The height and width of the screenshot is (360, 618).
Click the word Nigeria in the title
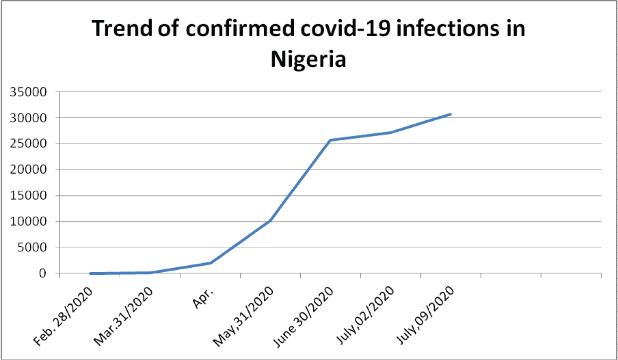point(308,59)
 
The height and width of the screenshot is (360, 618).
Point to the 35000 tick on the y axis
point(28,92)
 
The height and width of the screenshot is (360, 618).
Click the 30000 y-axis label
point(28,118)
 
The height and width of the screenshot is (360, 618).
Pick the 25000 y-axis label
point(28,144)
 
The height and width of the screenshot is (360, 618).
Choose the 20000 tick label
point(28,169)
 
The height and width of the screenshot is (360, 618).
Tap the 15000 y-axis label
point(28,195)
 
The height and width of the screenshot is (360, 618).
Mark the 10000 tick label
point(28,221)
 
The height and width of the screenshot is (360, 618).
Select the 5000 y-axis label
point(31,247)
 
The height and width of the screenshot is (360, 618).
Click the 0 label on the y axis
point(42,273)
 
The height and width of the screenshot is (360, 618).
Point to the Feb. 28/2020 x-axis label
point(63,316)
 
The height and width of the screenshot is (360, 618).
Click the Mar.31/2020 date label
point(123,316)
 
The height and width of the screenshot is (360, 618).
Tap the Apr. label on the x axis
point(203,298)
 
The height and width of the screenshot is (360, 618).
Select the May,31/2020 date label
point(243,316)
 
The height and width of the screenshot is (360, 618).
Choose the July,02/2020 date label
point(365,315)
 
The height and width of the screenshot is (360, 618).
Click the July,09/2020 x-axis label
point(425,315)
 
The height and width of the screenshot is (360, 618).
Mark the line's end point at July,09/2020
point(451,114)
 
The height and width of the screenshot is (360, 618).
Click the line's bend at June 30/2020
point(330,140)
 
